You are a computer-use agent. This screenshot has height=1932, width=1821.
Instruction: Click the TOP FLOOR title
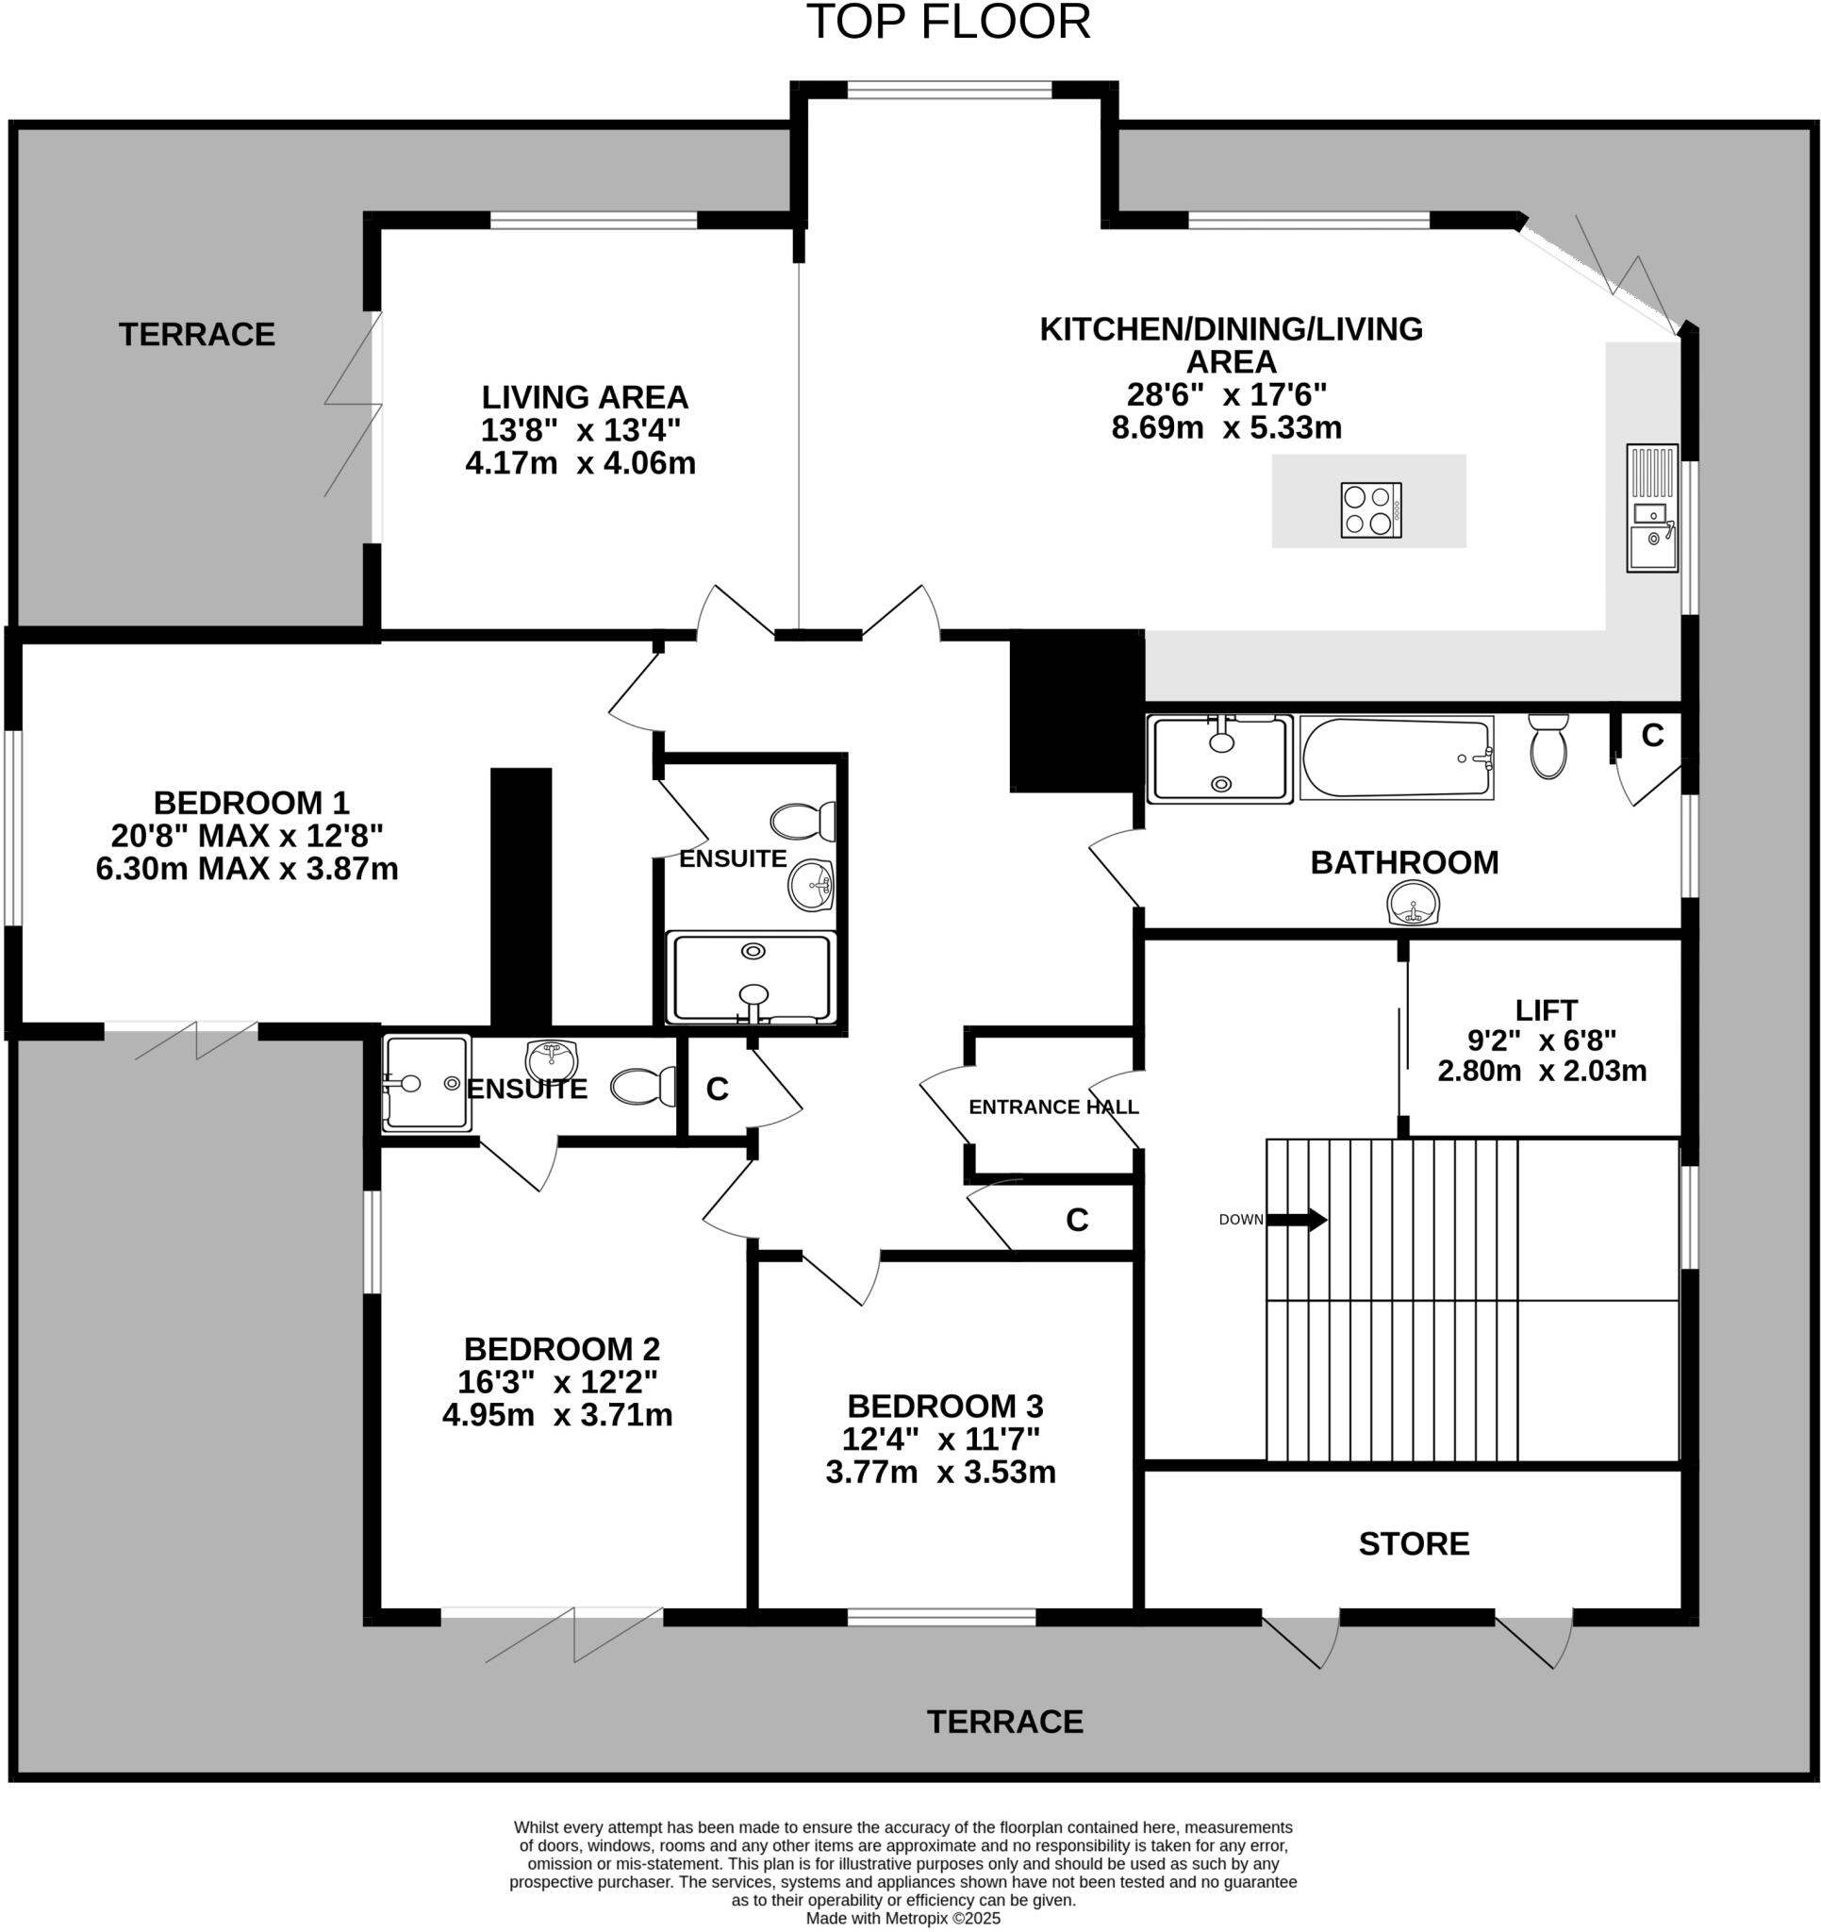(949, 23)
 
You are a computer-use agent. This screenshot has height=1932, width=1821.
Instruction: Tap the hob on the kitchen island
(1370, 509)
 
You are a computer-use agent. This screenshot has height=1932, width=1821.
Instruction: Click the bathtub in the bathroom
(1396, 758)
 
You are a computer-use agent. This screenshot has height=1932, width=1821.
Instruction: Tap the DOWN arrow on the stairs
(1297, 1220)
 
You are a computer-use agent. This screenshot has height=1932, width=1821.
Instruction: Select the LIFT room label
(1545, 1010)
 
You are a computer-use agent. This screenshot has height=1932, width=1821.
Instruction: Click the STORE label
(1413, 1543)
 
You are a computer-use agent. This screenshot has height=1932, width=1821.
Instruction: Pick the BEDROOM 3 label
(945, 1407)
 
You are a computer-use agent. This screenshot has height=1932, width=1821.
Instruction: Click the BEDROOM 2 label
(562, 1349)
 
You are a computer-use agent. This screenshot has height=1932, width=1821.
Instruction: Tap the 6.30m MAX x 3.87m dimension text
(247, 869)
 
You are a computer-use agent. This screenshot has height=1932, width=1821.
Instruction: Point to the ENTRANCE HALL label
(1053, 1107)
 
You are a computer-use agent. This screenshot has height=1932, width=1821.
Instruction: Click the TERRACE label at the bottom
(1004, 1722)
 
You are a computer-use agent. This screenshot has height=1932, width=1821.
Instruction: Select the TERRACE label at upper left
(197, 334)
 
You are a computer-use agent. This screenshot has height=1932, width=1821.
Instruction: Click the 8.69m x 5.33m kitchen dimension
(1226, 427)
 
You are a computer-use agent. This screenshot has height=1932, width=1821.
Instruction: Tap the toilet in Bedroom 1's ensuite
(803, 822)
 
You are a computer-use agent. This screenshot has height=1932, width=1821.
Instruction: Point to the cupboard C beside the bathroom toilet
(1652, 736)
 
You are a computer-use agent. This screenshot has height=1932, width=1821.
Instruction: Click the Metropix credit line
(902, 1918)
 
